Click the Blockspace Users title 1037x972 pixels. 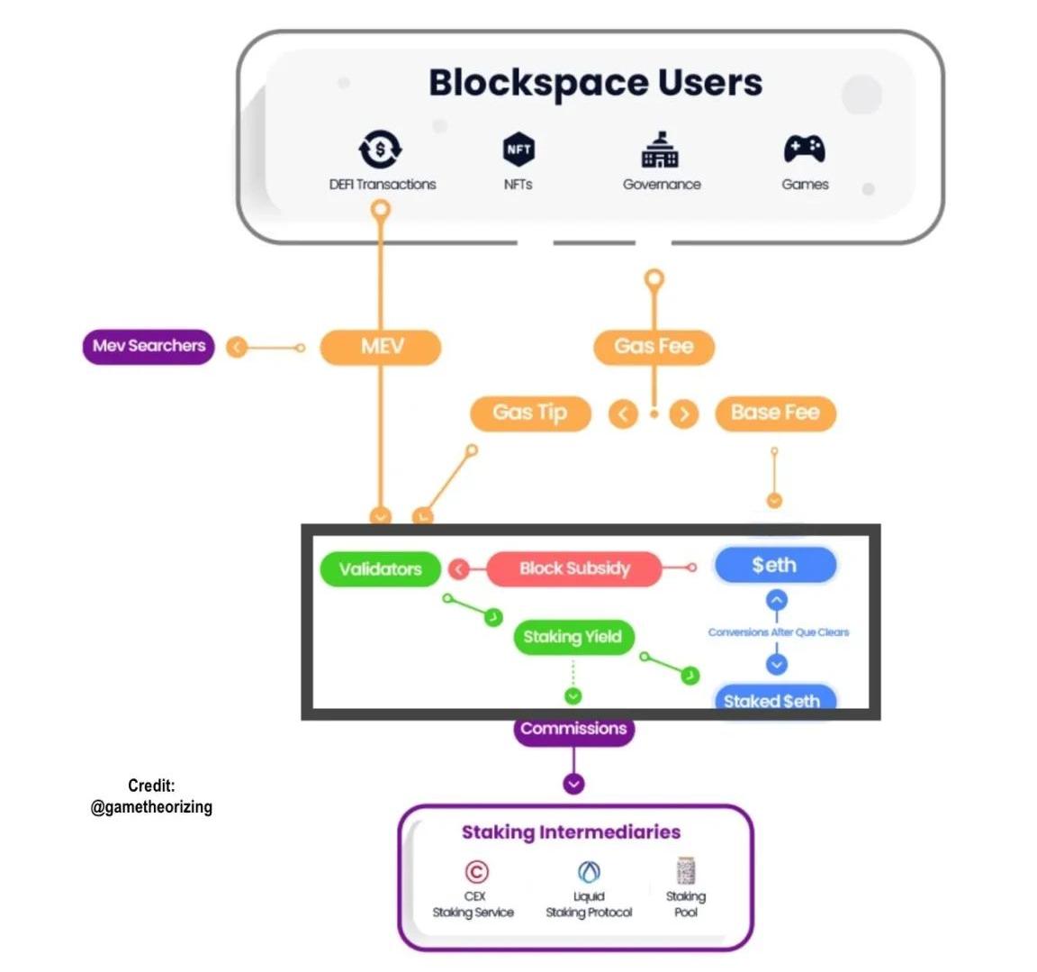click(595, 83)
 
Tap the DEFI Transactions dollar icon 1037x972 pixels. click(381, 149)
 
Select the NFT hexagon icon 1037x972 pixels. click(518, 149)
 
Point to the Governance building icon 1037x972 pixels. click(660, 150)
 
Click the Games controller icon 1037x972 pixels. click(804, 149)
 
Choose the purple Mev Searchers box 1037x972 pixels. click(149, 346)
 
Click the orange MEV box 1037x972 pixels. click(381, 347)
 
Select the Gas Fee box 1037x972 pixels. click(654, 347)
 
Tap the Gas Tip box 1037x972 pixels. click(530, 413)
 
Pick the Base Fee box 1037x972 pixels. click(775, 413)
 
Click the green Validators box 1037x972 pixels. click(381, 569)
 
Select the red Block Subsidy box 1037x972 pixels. click(574, 568)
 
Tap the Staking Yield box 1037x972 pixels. click(573, 637)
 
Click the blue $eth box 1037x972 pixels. click(775, 566)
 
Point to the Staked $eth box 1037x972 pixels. click(772, 700)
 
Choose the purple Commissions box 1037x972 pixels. click(573, 729)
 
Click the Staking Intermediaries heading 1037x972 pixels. click(571, 832)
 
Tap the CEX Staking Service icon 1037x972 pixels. click(476, 871)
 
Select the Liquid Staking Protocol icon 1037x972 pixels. click(589, 871)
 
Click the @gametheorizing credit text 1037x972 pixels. click(151, 807)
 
